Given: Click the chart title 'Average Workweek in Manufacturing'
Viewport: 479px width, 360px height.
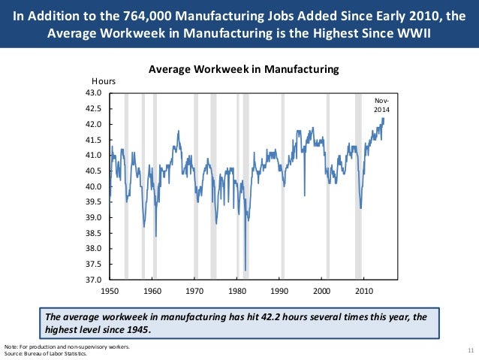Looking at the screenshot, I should point(244,69).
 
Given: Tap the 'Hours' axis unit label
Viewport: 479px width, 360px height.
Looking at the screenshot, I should point(103,80).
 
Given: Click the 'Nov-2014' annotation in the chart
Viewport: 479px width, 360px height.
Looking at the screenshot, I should point(382,105).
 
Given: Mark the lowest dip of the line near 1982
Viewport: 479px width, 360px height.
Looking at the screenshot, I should point(246,270).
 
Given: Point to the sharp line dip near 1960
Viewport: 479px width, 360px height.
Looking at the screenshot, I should point(155,236).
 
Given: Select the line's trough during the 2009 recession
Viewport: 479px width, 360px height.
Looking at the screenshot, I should point(361,208).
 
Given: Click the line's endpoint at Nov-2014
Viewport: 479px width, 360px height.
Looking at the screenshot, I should point(384,118).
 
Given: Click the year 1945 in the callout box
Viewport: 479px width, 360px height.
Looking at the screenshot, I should point(136,330).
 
